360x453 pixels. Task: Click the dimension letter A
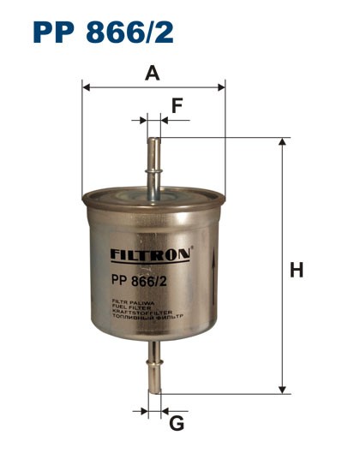(153, 74)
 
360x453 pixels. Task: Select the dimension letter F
(177, 106)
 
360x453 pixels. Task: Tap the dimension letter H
(297, 271)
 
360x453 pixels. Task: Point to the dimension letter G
(177, 424)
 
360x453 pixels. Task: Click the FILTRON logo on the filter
(152, 253)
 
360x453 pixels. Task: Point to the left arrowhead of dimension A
(86, 86)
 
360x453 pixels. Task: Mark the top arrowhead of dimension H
(283, 142)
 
